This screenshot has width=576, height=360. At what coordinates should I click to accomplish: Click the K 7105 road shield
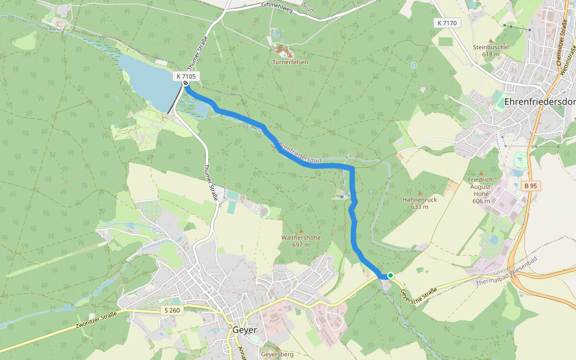click(x=187, y=76)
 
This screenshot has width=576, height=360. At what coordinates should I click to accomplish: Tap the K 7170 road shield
click(x=447, y=23)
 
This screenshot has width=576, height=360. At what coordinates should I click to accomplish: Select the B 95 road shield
click(x=530, y=186)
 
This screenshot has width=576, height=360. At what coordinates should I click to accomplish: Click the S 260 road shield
click(x=171, y=310)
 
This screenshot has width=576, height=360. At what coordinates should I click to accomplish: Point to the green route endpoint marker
click(x=390, y=275)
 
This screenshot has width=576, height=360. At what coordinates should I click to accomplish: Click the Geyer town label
click(x=244, y=331)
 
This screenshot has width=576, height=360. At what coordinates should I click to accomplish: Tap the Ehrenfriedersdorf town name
click(x=540, y=101)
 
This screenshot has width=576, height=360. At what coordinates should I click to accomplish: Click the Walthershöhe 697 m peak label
click(x=301, y=241)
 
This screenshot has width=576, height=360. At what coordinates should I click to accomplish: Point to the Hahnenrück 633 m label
click(x=419, y=203)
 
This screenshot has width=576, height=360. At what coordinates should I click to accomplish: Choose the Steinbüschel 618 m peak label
click(x=491, y=50)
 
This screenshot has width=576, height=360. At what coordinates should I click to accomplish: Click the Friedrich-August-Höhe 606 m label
click(x=481, y=190)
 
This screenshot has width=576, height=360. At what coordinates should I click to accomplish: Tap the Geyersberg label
click(x=277, y=355)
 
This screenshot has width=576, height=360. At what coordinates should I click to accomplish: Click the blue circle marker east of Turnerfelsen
click(x=413, y=65)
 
